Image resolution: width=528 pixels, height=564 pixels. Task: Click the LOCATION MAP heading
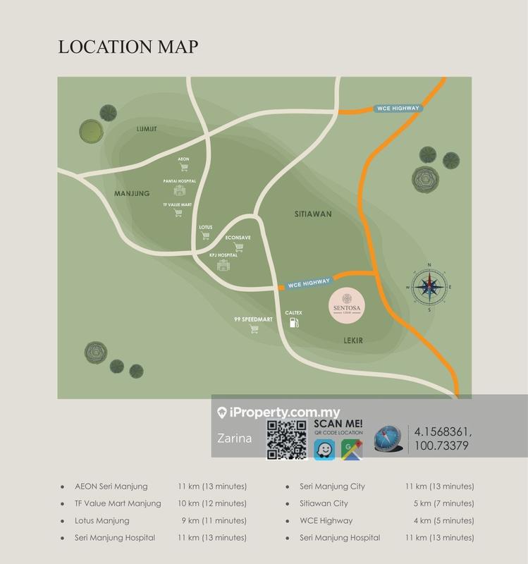(x=128, y=47)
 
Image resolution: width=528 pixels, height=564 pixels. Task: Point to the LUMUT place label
(x=147, y=129)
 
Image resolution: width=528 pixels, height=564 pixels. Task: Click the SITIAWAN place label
(x=313, y=213)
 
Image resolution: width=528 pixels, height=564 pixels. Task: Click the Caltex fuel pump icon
(x=294, y=323)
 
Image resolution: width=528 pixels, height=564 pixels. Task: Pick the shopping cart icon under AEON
(x=184, y=168)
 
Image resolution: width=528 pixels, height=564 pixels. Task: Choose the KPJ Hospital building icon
(x=223, y=265)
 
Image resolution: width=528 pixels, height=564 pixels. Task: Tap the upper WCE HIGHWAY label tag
(x=397, y=109)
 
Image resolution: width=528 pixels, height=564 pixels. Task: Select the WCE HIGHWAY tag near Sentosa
(x=309, y=283)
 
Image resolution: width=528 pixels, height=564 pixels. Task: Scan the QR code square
(x=287, y=439)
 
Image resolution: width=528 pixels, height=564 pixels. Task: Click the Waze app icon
(x=325, y=450)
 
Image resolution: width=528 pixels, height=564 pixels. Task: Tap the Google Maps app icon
(x=351, y=450)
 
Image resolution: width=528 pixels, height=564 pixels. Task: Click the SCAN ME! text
(x=338, y=424)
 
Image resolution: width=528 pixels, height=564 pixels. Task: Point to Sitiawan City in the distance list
(x=324, y=503)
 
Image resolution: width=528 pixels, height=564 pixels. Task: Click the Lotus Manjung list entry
(x=102, y=520)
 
